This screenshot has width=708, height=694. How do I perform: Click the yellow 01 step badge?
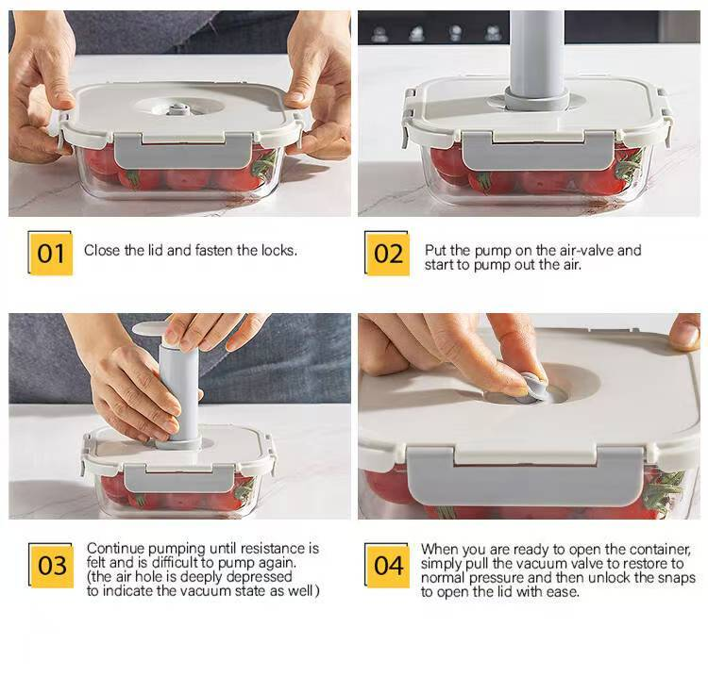point(51,254)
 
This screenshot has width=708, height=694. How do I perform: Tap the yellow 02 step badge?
point(387,254)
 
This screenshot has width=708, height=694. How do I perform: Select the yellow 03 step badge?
point(51,566)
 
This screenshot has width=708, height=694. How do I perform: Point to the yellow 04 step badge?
point(387,566)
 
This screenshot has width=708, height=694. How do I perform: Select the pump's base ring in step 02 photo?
point(536,100)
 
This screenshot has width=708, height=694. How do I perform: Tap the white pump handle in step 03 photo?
point(149,329)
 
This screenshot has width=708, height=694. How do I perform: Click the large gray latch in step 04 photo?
point(525,477)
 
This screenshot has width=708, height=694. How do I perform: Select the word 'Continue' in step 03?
point(116,549)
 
